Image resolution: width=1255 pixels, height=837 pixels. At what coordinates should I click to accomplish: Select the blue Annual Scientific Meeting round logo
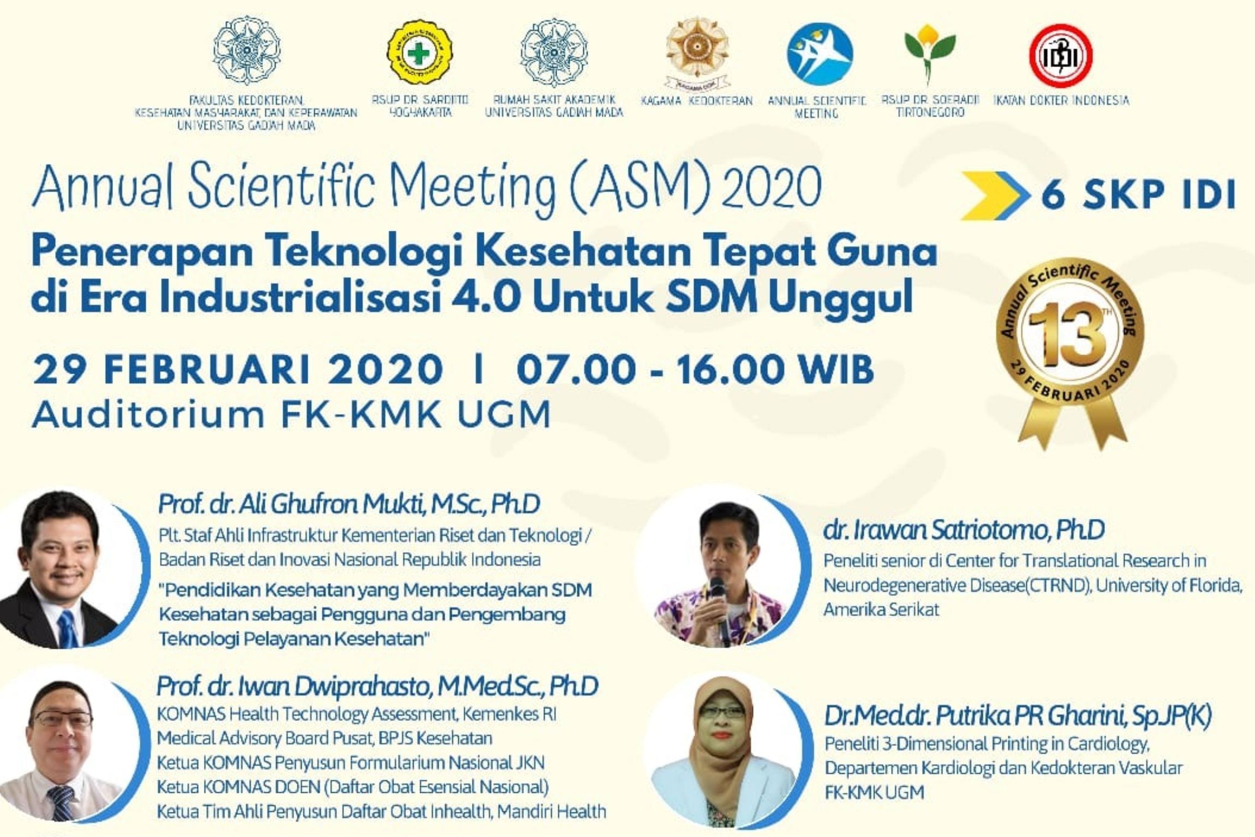point(820,54)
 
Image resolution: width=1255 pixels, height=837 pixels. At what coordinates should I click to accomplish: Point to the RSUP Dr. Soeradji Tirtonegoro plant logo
point(929,52)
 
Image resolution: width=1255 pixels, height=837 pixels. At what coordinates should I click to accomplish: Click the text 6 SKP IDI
point(1138,195)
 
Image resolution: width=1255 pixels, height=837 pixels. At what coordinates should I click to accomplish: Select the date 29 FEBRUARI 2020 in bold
point(237,369)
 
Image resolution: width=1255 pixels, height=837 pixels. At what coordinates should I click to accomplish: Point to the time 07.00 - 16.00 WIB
point(695,369)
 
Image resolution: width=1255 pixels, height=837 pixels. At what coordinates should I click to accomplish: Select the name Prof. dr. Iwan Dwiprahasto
point(377,686)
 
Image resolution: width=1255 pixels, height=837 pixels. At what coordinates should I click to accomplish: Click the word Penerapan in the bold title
point(142,252)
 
